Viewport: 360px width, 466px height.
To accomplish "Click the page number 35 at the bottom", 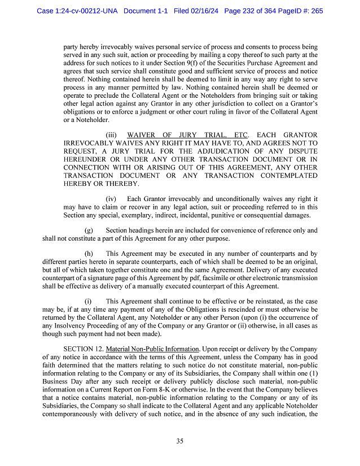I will [x=179, y=441].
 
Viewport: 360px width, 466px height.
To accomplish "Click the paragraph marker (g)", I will [x=89, y=230].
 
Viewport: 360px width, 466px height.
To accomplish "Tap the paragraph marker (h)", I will [x=89, y=254].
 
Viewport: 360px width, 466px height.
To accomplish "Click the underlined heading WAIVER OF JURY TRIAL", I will [x=176, y=136].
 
